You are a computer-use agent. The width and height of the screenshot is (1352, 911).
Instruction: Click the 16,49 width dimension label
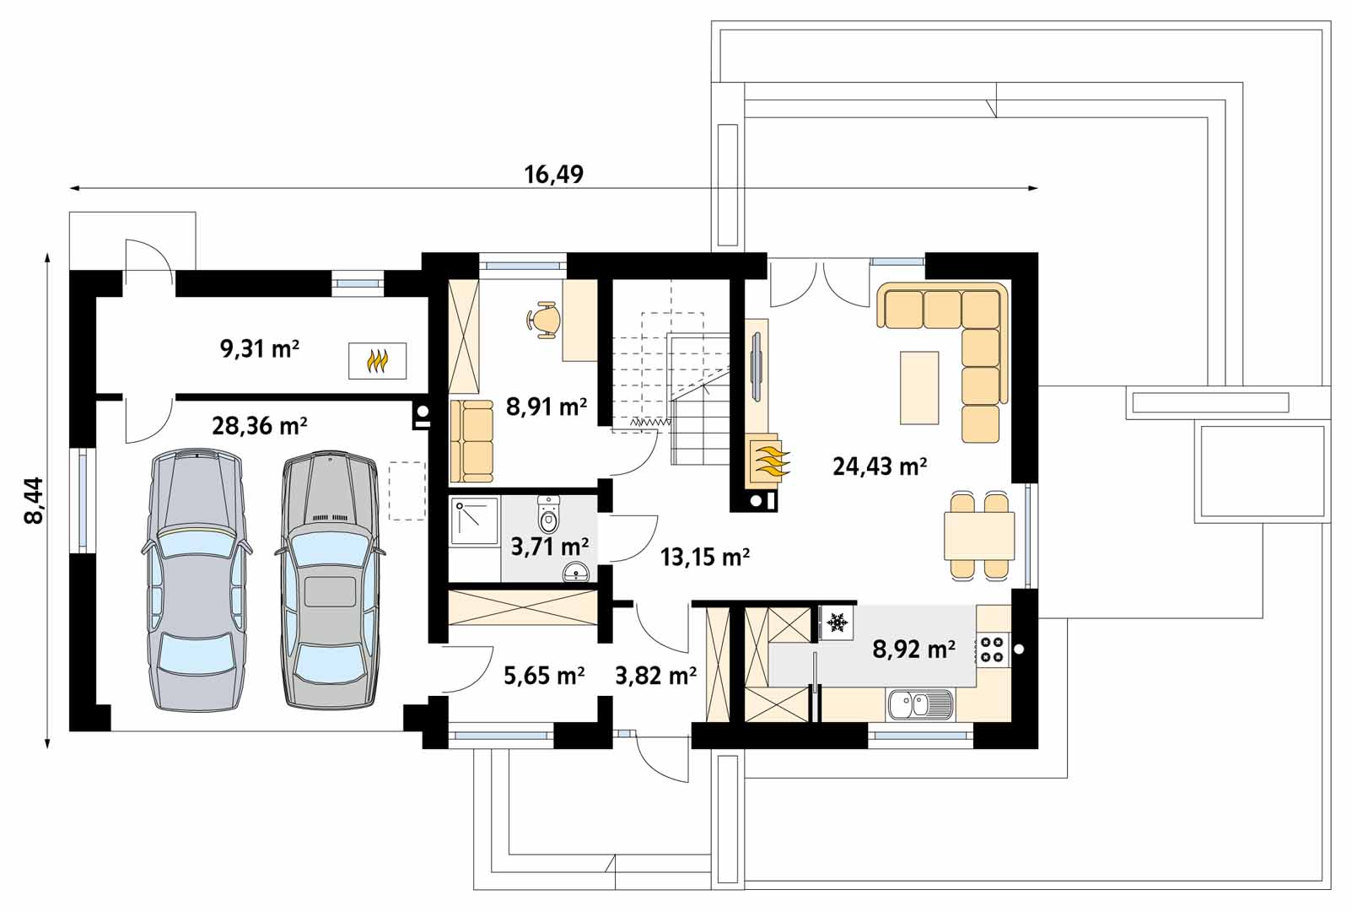[x=553, y=175]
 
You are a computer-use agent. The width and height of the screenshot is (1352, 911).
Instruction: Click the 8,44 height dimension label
[x=34, y=500]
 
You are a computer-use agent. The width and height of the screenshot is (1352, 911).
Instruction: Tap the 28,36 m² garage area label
[x=260, y=426]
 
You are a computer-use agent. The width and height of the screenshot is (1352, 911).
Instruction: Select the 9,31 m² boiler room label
[x=260, y=349]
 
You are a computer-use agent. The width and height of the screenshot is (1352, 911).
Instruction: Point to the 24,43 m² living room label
[x=880, y=466]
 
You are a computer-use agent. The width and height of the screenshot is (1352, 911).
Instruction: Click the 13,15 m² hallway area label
[x=705, y=558]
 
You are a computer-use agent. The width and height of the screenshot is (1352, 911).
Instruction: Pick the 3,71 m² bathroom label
[x=550, y=547]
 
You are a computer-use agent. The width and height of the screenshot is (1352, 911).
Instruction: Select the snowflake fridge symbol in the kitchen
[x=837, y=622]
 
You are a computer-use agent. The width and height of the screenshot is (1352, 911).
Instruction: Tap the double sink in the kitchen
[x=920, y=704]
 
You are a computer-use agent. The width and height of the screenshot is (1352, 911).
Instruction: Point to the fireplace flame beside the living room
[x=768, y=462]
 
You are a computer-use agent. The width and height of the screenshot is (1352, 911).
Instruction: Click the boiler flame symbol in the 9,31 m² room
[x=377, y=361]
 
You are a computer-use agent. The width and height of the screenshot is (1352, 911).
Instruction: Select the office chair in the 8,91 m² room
[x=543, y=320]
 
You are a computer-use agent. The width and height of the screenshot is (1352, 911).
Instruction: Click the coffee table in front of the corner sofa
[x=919, y=387]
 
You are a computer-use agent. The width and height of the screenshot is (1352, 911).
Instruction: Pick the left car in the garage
[x=197, y=579]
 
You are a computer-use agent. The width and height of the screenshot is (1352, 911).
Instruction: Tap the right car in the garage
[x=330, y=579]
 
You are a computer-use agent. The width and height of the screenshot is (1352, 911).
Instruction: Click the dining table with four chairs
[x=979, y=536]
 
